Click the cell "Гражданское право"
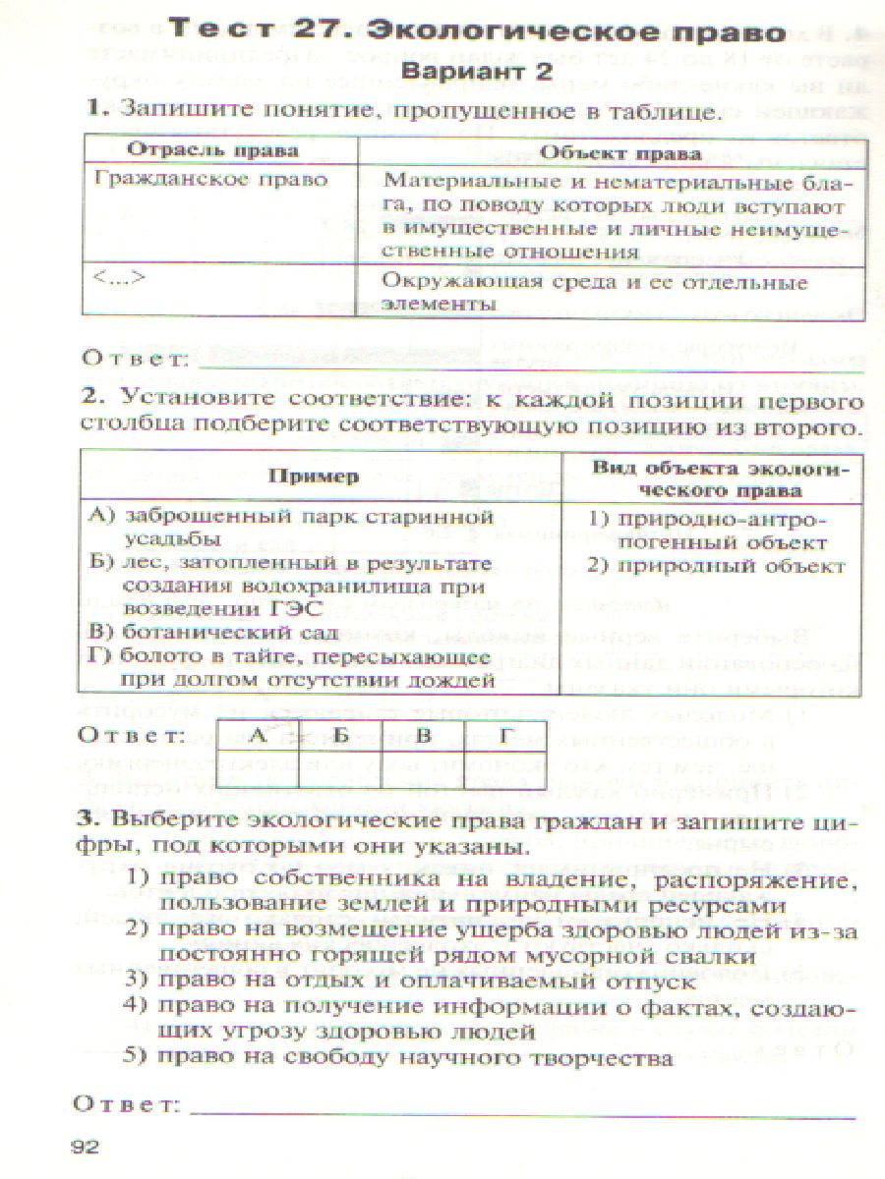210,180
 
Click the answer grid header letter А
258,734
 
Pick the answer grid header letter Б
341,734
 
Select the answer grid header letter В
423,734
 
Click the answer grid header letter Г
504,734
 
